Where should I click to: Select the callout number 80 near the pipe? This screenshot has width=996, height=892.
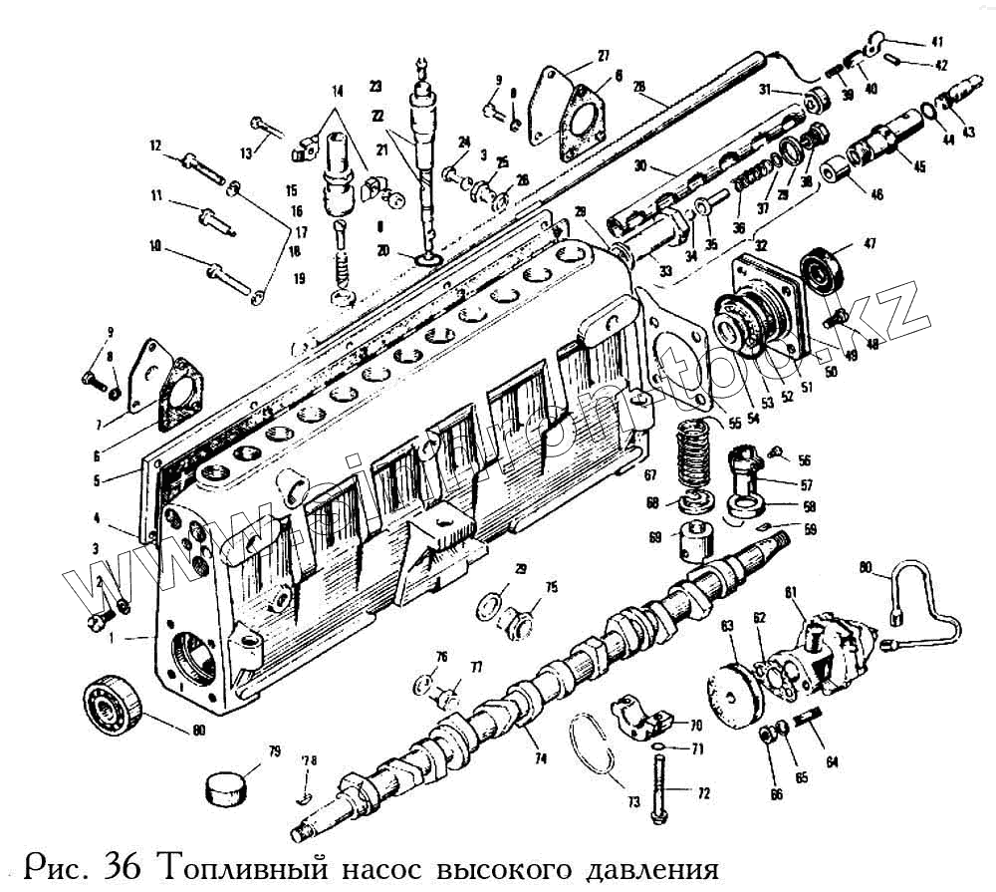point(868,569)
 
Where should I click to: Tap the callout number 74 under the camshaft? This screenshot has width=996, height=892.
point(540,758)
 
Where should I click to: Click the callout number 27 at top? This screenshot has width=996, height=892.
point(604,55)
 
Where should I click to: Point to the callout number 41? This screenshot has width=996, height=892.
point(937,41)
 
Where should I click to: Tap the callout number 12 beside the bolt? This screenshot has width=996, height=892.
point(155,146)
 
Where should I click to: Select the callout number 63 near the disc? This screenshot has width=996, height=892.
point(728,625)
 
